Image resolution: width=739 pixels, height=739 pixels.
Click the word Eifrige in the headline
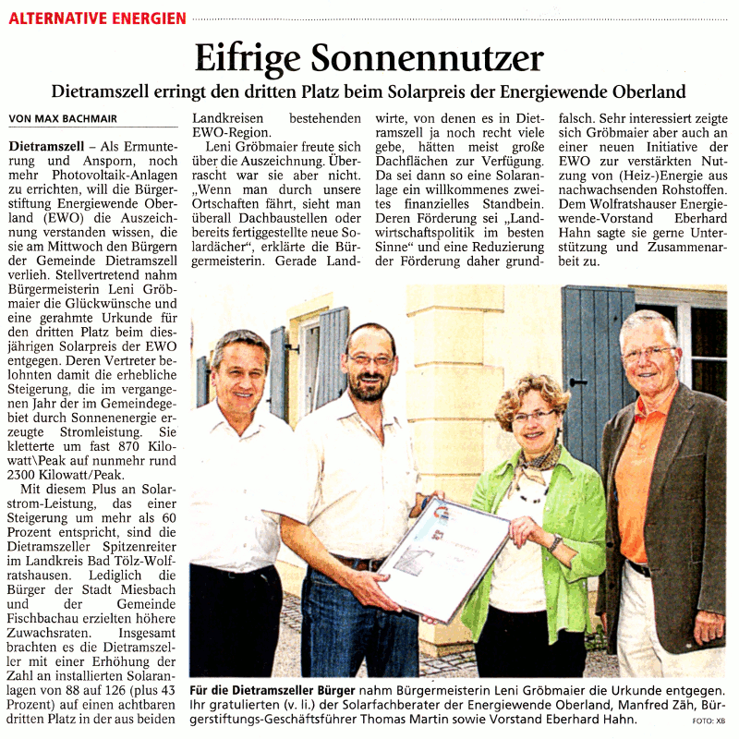coord(247,58)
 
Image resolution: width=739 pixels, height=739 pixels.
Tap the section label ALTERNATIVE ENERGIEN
coord(98,18)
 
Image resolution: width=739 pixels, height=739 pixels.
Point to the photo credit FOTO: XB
coord(709,721)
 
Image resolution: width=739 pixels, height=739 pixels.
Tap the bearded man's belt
coord(356,562)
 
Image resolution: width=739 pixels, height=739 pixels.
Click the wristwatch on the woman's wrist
coord(554,542)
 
